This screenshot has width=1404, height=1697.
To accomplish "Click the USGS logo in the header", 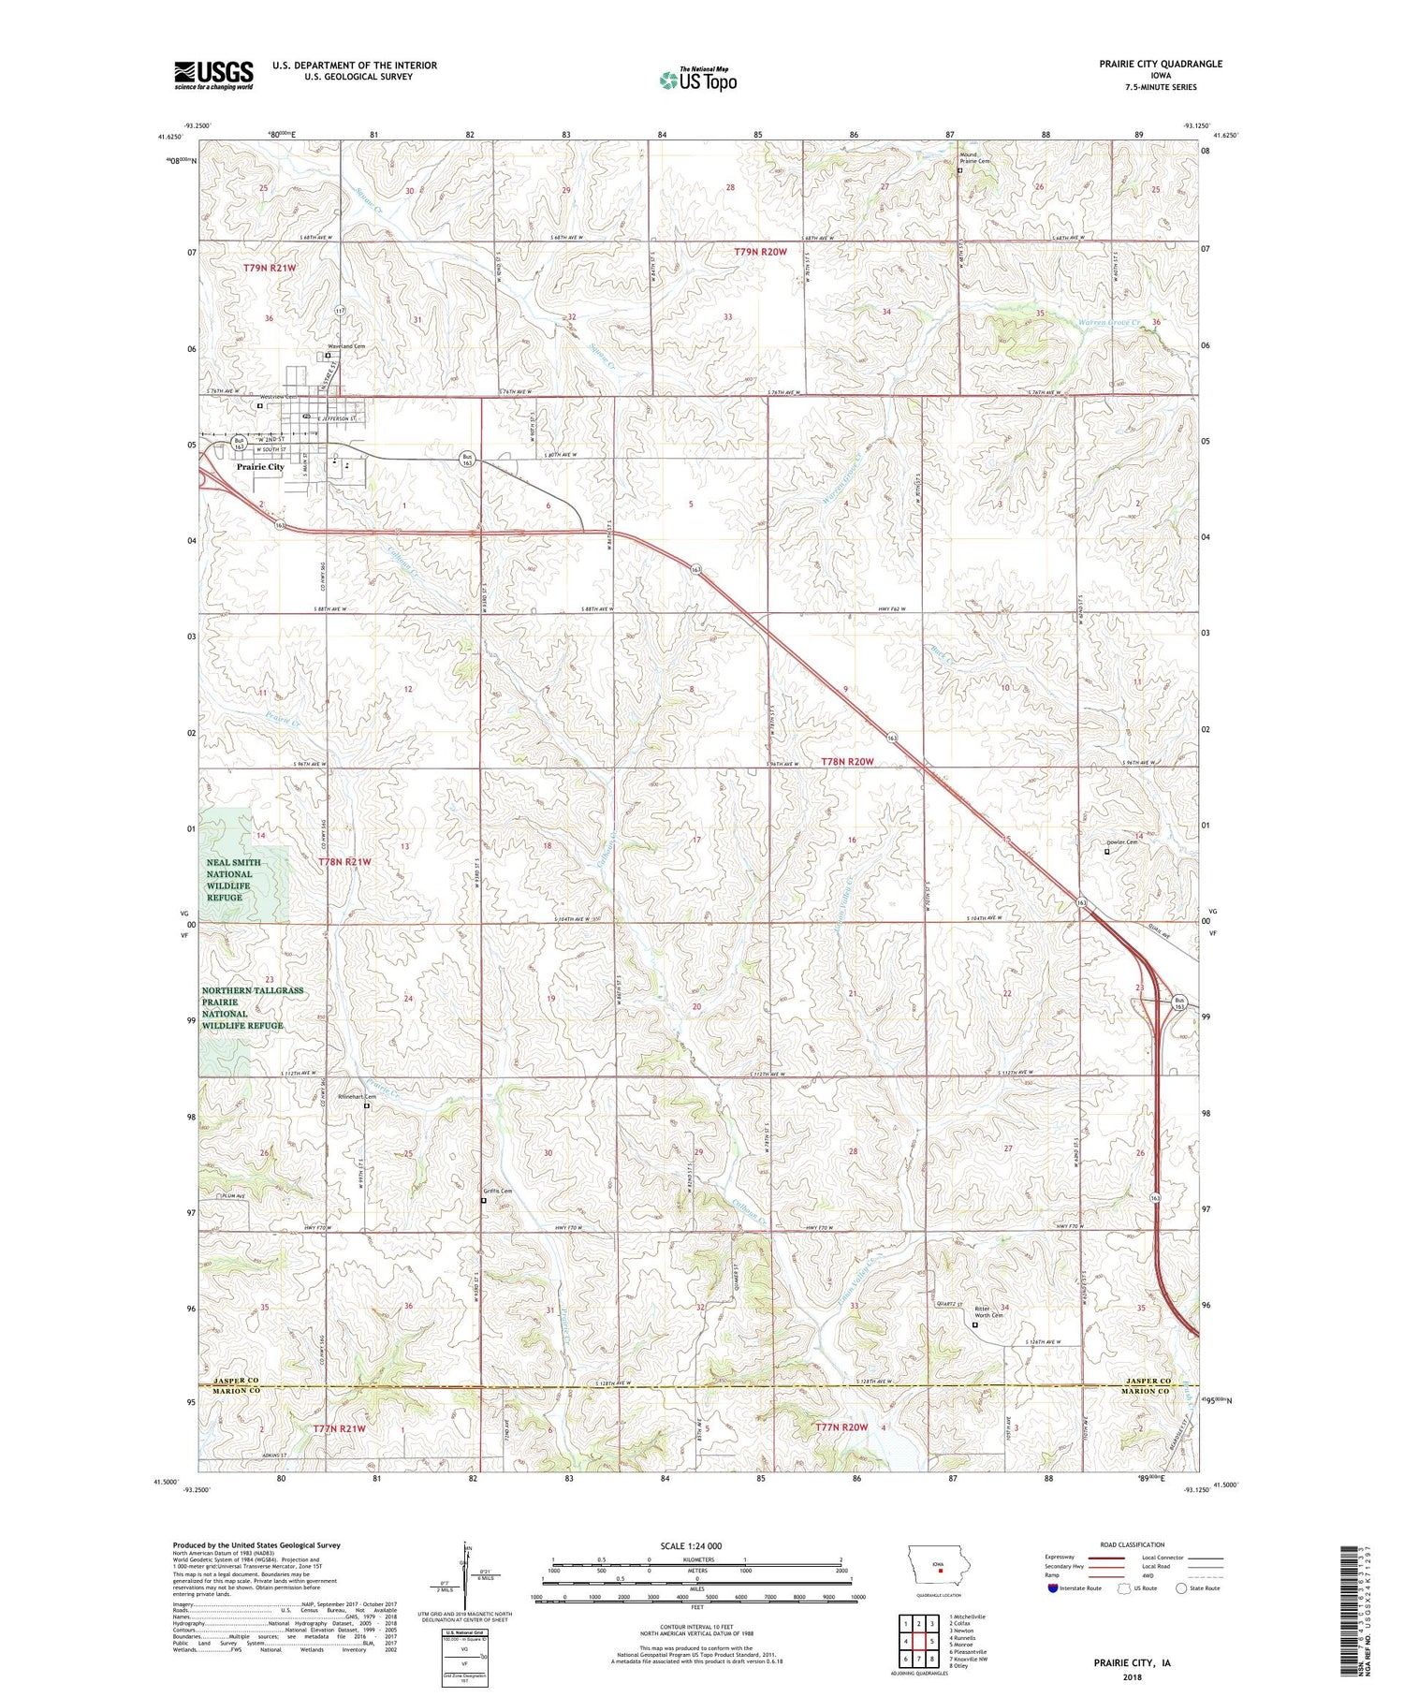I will point(213,75).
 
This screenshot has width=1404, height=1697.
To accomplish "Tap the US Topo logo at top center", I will point(697,80).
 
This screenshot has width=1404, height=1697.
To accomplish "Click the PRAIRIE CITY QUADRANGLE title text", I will point(1148,64).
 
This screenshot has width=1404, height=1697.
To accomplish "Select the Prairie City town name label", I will point(260,466).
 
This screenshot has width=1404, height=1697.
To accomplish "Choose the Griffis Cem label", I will point(497,1192).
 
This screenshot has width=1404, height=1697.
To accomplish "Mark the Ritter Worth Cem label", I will point(989,1312).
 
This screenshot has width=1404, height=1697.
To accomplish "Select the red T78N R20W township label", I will point(846,762).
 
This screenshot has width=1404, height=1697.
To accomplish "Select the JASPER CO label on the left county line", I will point(230,1381).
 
